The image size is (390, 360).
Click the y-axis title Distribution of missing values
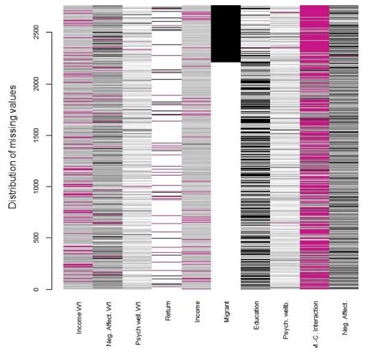pyautogui.click(x=15, y=147)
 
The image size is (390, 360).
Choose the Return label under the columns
pyautogui.click(x=167, y=312)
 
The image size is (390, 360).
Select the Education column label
pyautogui.click(x=256, y=316)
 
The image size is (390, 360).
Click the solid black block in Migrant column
pyautogui.click(x=225, y=33)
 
